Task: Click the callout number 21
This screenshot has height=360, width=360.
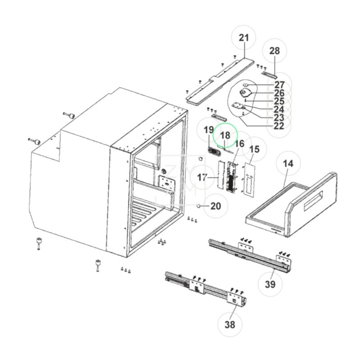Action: click(x=244, y=38)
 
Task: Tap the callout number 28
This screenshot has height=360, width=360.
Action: click(x=274, y=51)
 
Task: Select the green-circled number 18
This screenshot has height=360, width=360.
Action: click(x=225, y=135)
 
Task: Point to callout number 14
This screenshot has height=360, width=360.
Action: click(x=288, y=164)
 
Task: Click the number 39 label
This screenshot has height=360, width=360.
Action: click(x=270, y=284)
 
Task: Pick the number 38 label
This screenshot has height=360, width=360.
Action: click(x=230, y=324)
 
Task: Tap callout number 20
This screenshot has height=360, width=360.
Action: click(x=216, y=206)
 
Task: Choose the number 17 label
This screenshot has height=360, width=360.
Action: click(x=202, y=177)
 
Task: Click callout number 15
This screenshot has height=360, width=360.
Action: click(x=254, y=149)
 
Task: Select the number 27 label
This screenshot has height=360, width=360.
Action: click(x=279, y=85)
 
